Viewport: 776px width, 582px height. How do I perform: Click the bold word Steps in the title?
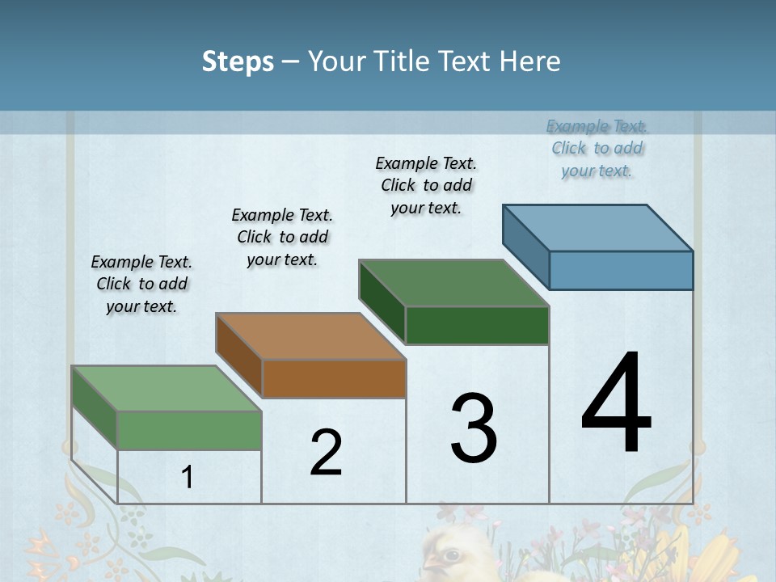click(238, 61)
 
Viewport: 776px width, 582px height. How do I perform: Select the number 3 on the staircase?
click(474, 428)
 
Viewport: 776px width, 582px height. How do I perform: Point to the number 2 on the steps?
click(326, 453)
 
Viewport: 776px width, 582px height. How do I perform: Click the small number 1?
click(188, 477)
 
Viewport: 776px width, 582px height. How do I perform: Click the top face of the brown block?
click(311, 335)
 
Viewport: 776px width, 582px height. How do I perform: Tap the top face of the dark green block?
click(454, 283)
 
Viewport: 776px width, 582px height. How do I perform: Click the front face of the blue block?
click(621, 270)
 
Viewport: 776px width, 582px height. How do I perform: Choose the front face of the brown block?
click(334, 378)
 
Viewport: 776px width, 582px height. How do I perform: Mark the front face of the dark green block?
click(477, 325)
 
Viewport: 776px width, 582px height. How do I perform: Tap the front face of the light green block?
click(189, 430)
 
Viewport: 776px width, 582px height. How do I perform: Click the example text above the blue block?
click(597, 148)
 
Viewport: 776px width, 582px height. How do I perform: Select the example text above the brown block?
click(282, 237)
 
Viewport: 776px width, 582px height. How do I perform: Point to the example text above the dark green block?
click(426, 185)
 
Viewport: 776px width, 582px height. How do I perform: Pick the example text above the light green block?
click(141, 284)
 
